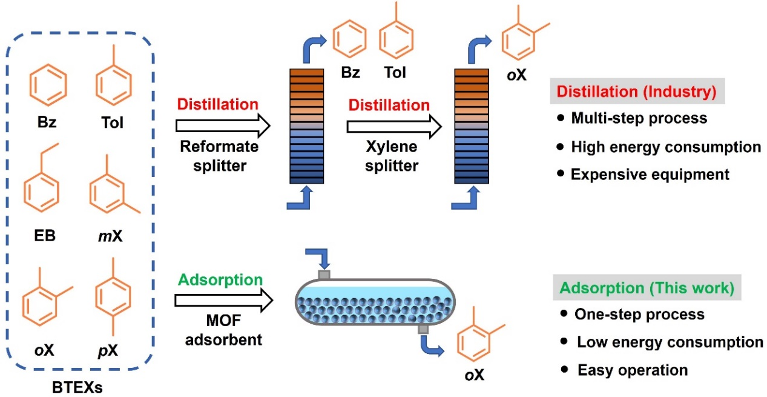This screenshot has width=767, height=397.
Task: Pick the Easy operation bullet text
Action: (632, 369)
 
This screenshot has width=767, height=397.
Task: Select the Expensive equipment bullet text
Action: (650, 174)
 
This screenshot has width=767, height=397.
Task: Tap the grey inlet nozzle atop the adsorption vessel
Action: (324, 274)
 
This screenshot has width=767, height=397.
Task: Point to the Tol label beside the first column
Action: (395, 73)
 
